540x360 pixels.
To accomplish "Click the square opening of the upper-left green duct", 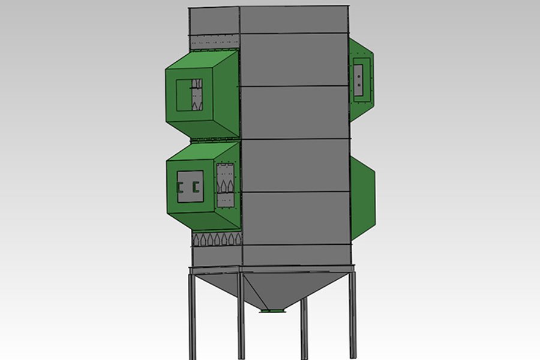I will coord(190,95).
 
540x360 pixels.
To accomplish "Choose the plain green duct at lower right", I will coord(362,195).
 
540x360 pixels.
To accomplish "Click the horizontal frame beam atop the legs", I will coord(270,268).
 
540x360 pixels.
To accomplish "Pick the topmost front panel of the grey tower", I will coord(294,21).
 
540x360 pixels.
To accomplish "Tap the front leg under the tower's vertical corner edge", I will coord(241,318).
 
